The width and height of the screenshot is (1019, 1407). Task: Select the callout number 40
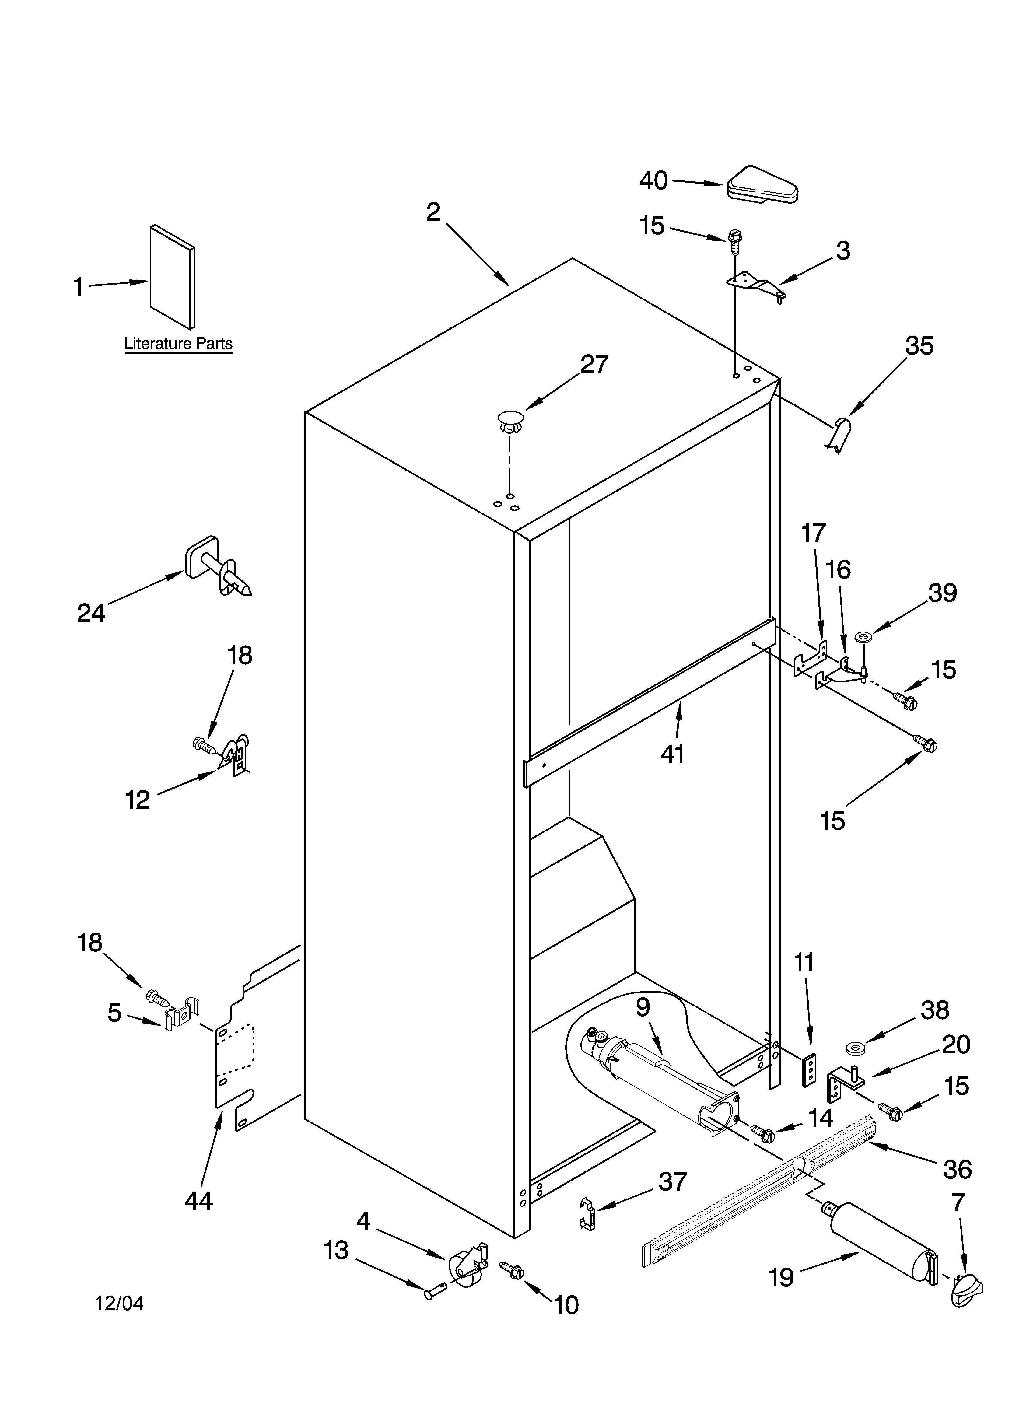tap(653, 180)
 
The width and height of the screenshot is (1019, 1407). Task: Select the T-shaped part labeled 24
tap(217, 567)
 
